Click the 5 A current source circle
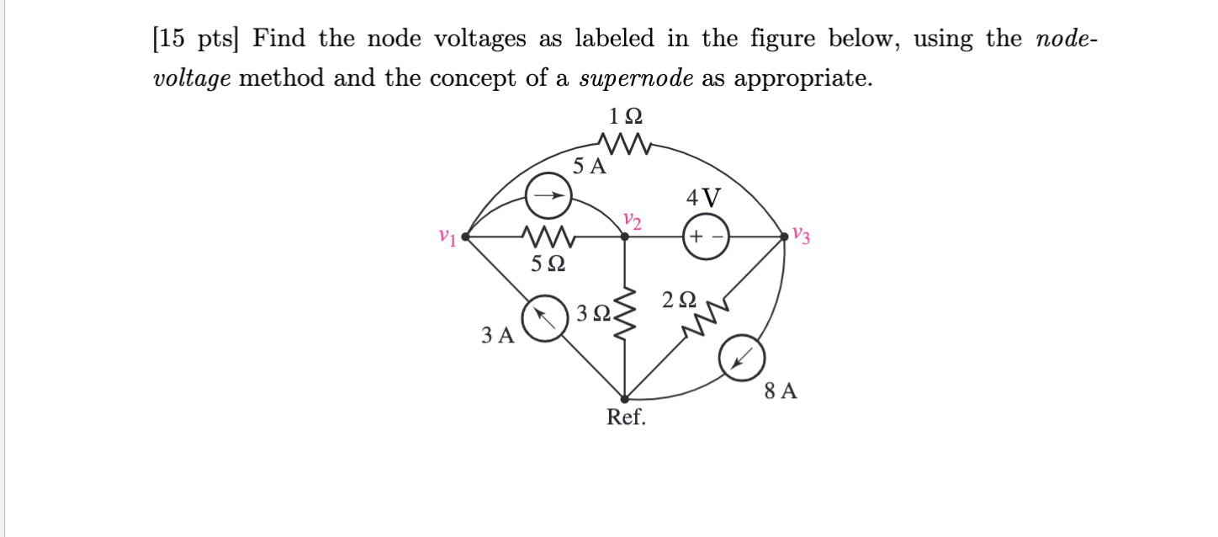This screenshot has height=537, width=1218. pos(548,197)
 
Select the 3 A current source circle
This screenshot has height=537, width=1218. pos(543,320)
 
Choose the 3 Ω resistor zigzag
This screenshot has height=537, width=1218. pos(625,316)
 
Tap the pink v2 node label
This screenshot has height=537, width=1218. pos(633,221)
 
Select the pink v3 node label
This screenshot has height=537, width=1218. pos(802,236)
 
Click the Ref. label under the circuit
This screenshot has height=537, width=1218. pos(627,417)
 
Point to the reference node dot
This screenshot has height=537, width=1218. pos(625,398)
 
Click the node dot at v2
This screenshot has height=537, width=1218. pos(624,237)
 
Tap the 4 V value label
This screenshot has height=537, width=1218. pos(703,198)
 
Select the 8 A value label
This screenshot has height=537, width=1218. pos(781,391)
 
